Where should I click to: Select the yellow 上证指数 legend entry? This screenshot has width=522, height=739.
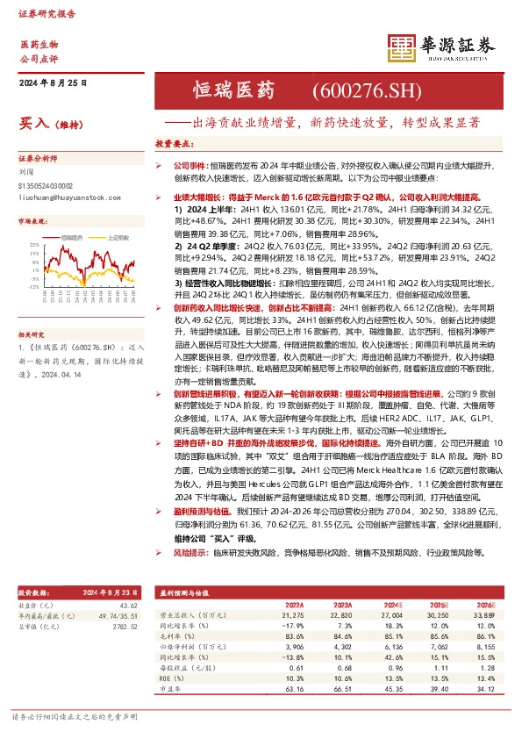[119, 237]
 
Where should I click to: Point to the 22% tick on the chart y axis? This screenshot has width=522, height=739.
[33, 244]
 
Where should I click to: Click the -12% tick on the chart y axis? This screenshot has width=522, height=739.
[32, 286]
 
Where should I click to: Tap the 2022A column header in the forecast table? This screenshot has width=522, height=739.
[294, 605]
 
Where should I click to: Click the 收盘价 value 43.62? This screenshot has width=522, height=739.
[129, 606]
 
